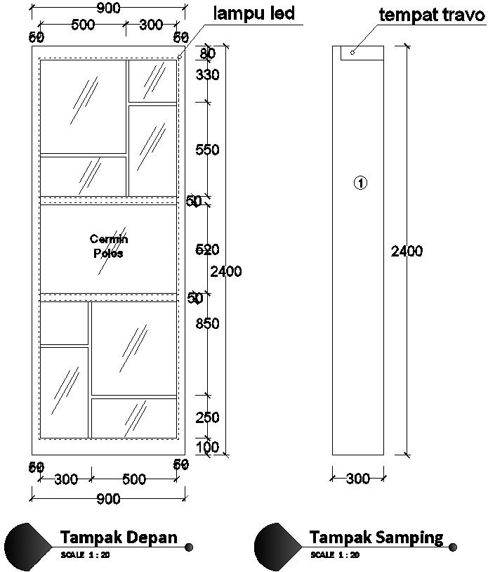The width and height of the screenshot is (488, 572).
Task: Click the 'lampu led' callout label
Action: point(253,13)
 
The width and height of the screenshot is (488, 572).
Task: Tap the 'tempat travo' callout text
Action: point(432,15)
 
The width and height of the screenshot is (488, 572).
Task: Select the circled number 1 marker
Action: point(360,183)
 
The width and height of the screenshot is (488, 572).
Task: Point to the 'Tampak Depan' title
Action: point(118,538)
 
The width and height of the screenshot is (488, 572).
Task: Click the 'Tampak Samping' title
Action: point(376,538)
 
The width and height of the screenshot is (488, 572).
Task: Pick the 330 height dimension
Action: point(208,75)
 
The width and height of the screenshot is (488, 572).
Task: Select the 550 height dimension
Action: point(208,150)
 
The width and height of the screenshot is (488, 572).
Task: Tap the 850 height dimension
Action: point(208,324)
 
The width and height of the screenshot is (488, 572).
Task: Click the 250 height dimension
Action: point(208,417)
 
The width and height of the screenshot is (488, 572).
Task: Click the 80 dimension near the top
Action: point(207,54)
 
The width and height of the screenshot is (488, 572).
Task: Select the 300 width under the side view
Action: point(358,479)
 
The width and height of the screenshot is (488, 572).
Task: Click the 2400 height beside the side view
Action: point(407,251)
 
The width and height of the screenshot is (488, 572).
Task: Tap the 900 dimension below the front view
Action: point(107,499)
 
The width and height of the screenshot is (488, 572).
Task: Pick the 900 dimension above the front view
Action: point(107,8)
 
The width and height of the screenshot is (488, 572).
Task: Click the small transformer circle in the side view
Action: point(352,52)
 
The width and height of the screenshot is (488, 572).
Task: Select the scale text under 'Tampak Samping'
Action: point(335,555)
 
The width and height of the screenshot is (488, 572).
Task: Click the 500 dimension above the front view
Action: point(83,25)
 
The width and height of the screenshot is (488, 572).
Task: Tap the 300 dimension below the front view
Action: point(65,480)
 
